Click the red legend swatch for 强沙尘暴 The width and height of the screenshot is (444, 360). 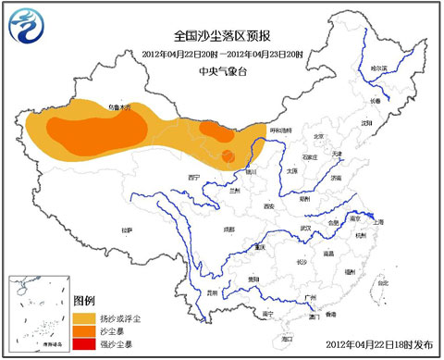pos(84,345)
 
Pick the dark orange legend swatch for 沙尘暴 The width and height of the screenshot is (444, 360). pos(84,331)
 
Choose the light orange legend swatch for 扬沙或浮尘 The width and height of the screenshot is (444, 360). pos(84,317)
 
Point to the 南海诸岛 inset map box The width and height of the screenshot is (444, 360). pos(37,314)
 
